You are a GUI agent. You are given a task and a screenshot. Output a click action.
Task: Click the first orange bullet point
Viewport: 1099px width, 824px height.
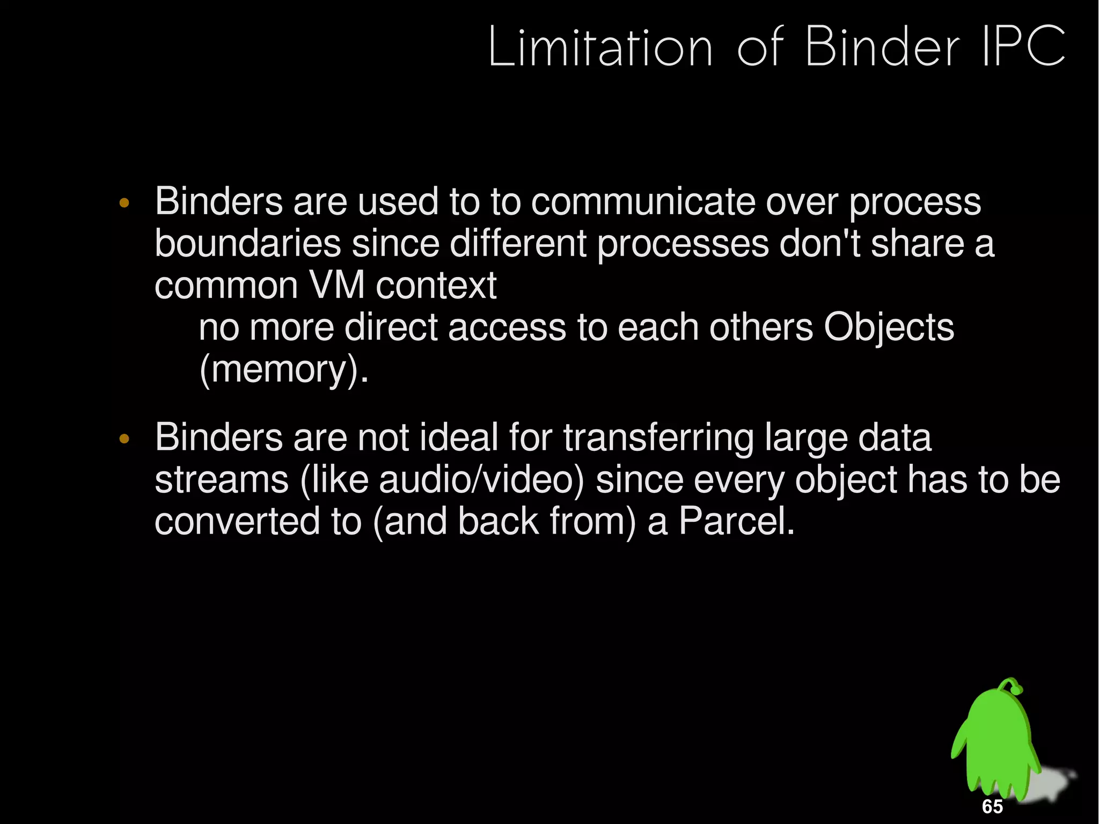(124, 203)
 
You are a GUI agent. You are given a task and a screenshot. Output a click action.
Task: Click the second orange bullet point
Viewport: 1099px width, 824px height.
(124, 439)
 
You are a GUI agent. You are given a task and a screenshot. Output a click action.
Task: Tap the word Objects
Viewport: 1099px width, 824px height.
(889, 327)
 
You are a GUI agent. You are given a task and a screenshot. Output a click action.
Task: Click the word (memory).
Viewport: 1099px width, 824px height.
(283, 370)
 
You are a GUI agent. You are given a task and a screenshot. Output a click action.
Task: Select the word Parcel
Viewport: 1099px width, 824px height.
(736, 521)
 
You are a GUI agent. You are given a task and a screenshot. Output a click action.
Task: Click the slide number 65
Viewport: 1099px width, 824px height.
(992, 806)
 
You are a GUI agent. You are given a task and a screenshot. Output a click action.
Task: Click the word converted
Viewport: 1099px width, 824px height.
(237, 521)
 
